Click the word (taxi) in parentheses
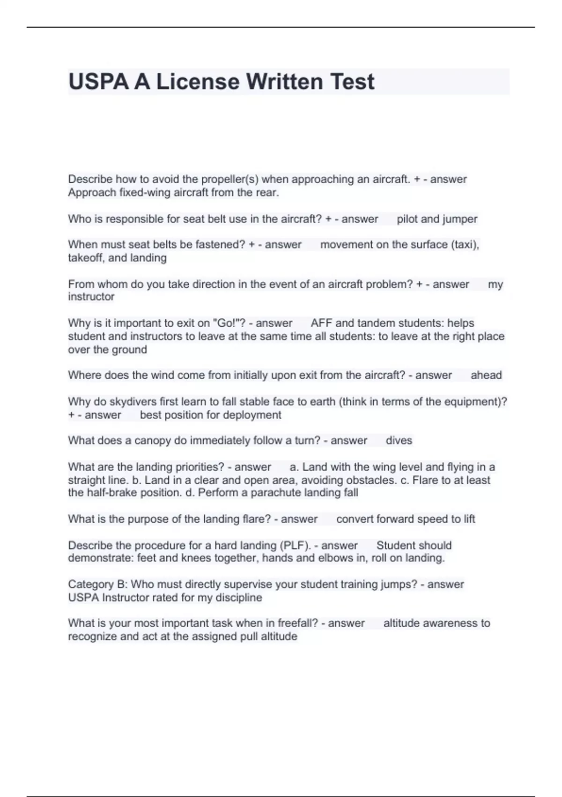tap(465, 244)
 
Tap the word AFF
tap(321, 323)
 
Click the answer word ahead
tap(486, 375)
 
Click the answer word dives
tap(399, 441)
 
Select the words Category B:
tap(98, 584)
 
